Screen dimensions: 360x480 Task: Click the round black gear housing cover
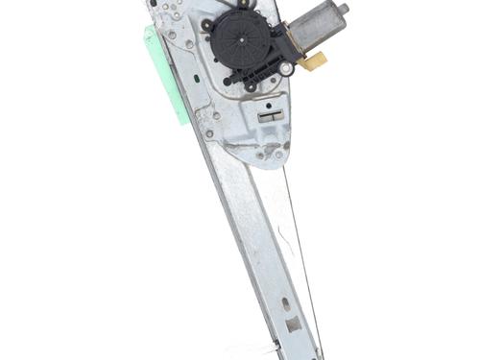(241, 42)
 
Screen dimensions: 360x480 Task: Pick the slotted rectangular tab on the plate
(272, 116)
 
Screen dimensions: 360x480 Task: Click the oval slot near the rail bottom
(285, 304)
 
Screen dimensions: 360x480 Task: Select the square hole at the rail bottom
(293, 324)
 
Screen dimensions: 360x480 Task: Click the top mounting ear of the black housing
(242, 5)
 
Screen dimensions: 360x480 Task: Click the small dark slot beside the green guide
(196, 78)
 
